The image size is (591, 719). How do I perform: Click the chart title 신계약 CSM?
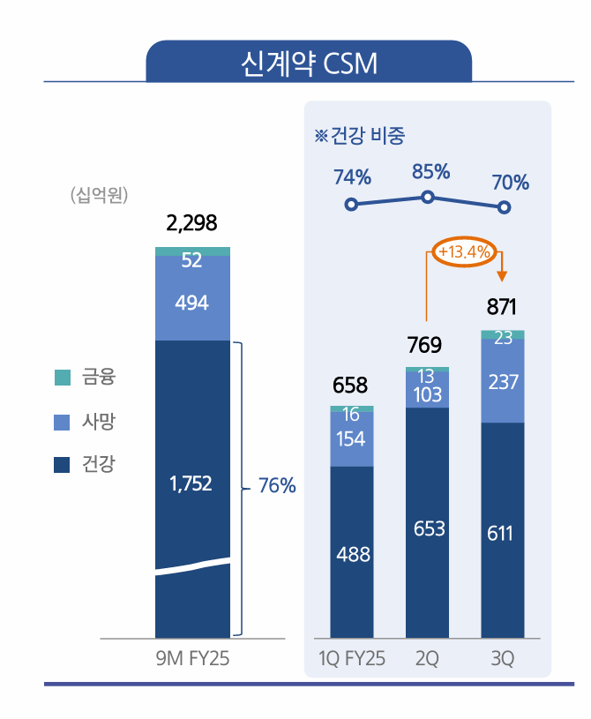pyautogui.click(x=308, y=64)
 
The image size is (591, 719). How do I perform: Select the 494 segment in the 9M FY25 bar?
pyautogui.click(x=191, y=303)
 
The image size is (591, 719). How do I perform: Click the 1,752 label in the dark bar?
pyautogui.click(x=191, y=483)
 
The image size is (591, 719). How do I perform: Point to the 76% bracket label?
pyautogui.click(x=277, y=486)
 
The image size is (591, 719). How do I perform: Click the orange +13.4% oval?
pyautogui.click(x=463, y=252)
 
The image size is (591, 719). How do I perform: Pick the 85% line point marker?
pyautogui.click(x=428, y=197)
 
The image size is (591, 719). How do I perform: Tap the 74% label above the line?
pyautogui.click(x=352, y=177)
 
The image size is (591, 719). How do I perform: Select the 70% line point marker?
pyautogui.click(x=504, y=207)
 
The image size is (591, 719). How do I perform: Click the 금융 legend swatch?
pyautogui.click(x=62, y=378)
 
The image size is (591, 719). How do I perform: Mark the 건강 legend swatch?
pyautogui.click(x=62, y=465)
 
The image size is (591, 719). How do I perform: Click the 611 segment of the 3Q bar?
pyautogui.click(x=502, y=534)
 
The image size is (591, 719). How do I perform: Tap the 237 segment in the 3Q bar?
pyautogui.click(x=502, y=381)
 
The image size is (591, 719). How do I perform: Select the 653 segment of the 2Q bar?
pyautogui.click(x=427, y=528)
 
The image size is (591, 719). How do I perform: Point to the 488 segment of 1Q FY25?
pyautogui.click(x=352, y=555)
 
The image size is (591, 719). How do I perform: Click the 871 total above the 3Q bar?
pyautogui.click(x=502, y=307)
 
